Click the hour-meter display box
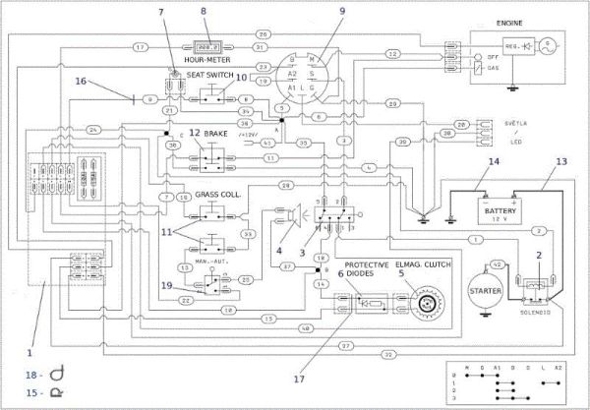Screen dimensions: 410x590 (x=207, y=46)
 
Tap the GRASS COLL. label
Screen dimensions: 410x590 (x=218, y=194)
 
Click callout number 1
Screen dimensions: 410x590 (x=29, y=351)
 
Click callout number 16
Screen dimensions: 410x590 (x=82, y=82)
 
